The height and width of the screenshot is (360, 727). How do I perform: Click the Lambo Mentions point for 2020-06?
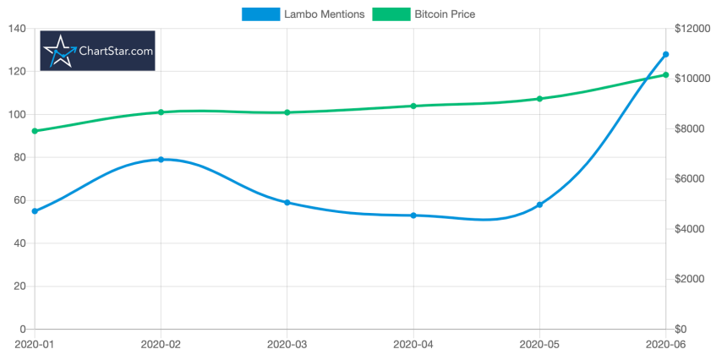click(665, 54)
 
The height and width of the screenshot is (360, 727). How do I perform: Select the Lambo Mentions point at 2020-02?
click(161, 160)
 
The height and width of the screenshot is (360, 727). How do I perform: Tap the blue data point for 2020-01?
click(35, 211)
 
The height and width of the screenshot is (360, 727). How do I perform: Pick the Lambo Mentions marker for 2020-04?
click(413, 215)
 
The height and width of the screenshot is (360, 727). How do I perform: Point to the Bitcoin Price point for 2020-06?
click(665, 75)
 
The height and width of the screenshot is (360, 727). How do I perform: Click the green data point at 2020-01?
click(35, 131)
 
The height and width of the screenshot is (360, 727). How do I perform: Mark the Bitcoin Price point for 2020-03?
click(287, 112)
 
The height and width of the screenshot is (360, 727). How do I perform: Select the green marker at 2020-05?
click(539, 99)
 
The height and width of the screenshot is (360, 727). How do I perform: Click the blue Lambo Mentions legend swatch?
click(260, 14)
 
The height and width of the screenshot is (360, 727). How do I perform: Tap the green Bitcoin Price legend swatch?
click(391, 14)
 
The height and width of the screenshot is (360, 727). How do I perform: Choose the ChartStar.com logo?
click(98, 51)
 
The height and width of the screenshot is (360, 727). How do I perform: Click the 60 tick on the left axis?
click(17, 200)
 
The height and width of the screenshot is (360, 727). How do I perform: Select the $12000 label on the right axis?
click(691, 29)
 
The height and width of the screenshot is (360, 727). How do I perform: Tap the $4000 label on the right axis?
click(689, 229)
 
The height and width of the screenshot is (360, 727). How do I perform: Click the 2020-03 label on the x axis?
click(287, 344)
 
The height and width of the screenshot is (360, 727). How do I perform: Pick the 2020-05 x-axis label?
click(539, 344)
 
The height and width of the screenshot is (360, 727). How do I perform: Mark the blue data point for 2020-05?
click(539, 205)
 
